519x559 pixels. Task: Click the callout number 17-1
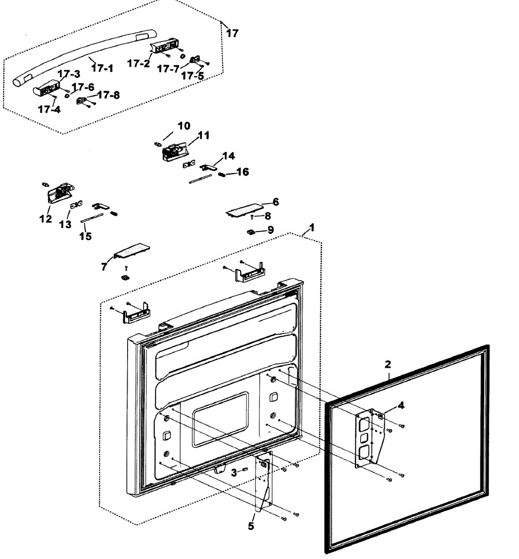tap(102, 68)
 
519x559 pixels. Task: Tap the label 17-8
tap(108, 95)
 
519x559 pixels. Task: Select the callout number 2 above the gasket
tap(388, 364)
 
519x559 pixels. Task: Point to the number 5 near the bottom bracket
tap(251, 525)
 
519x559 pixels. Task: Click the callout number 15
tap(86, 236)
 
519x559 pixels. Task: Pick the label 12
tap(46, 218)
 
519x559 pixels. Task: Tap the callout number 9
tap(270, 230)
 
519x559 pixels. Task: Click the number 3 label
tap(234, 473)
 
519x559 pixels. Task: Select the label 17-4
tap(49, 109)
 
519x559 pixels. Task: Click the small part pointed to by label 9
tap(250, 232)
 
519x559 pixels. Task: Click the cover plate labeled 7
tap(132, 251)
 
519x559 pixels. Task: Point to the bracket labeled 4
tap(369, 439)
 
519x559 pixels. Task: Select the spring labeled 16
tap(222, 175)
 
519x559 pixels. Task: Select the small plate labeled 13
tap(76, 205)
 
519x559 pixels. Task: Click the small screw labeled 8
tap(252, 217)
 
